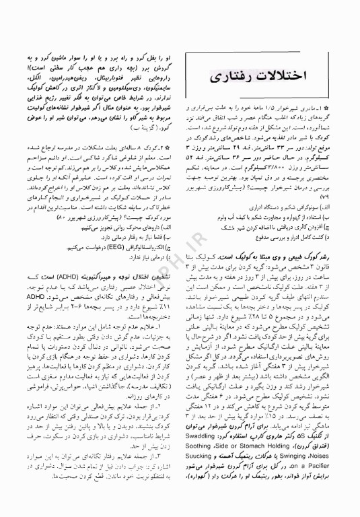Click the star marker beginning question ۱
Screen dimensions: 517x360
coord(345,106)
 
